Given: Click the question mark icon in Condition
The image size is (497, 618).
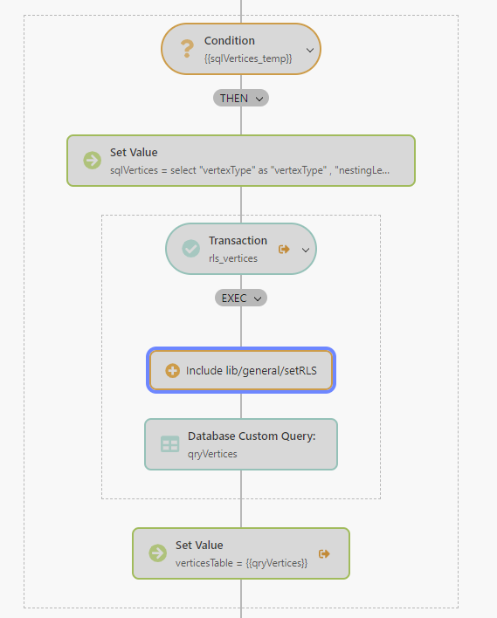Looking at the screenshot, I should [186, 50].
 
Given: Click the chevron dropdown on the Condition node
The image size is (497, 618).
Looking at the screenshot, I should [310, 51].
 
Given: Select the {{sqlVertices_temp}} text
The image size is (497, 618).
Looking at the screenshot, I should [247, 58].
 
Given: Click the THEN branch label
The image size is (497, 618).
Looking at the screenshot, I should [241, 98].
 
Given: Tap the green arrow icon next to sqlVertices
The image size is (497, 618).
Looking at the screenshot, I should [92, 160].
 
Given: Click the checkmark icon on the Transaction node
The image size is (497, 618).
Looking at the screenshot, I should [190, 249].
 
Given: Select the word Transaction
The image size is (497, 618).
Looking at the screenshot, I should [238, 241].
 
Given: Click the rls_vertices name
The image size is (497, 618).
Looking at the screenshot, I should [232, 258].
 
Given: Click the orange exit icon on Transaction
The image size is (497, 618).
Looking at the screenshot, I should [284, 249].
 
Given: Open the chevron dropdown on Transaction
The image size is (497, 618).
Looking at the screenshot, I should [306, 250].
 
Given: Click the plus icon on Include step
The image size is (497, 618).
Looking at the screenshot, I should [172, 371].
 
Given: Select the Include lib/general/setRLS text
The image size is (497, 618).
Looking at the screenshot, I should [252, 371].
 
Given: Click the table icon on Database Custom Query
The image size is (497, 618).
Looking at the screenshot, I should [169, 444].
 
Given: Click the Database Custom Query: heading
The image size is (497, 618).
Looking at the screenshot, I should [251, 436].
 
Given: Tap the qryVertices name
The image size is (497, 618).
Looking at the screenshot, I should [212, 453].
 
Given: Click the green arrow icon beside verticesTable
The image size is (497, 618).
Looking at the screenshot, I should [157, 553].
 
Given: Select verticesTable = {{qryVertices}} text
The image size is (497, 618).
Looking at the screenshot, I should [241, 563].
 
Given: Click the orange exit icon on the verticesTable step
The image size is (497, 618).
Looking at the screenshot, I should [325, 553].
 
